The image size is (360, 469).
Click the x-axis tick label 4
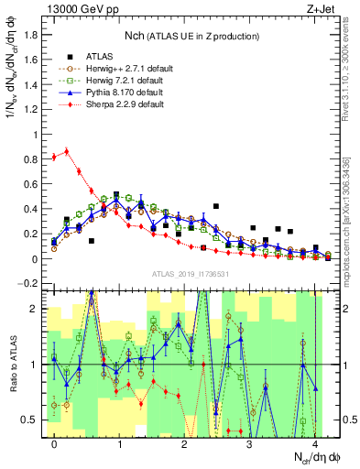(x=314, y=444)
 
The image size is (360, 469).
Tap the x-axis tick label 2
(x=184, y=444)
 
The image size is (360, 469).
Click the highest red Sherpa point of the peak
(x=66, y=152)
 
